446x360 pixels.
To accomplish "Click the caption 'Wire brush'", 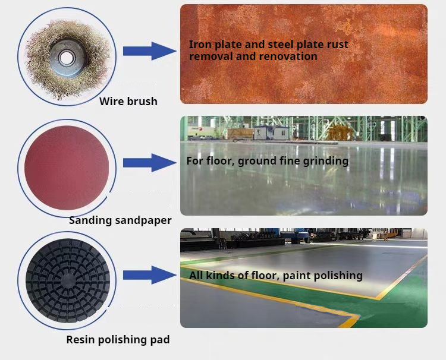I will [128, 101].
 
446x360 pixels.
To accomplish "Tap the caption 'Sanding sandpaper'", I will [120, 220].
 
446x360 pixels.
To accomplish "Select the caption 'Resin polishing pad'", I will [118, 340].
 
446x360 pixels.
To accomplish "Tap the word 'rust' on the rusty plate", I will [337, 44].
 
